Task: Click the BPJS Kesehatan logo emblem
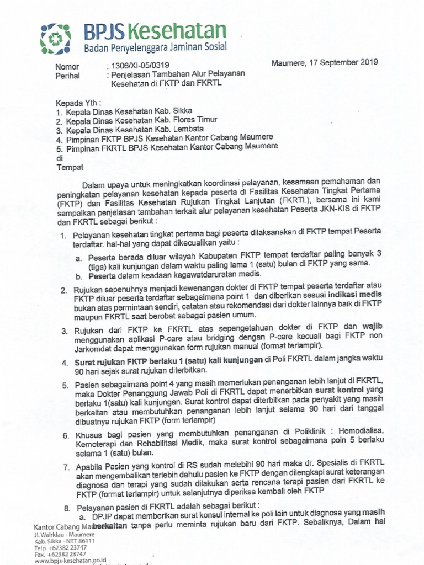click(x=57, y=37)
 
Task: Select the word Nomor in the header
click(x=68, y=67)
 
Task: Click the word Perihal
click(x=68, y=77)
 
